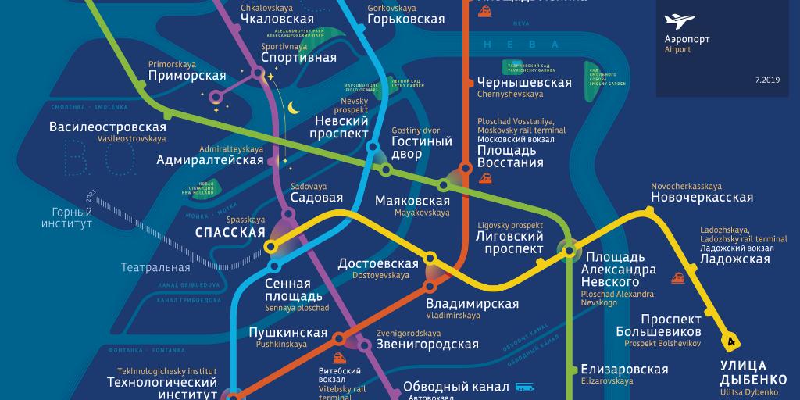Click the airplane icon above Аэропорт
coord(677,21)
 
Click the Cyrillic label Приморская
coord(187,76)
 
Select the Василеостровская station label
coord(108,127)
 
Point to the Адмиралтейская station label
coord(210,160)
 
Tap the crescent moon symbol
coord(294,108)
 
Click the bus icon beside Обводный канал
coord(523,387)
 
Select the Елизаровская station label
coord(624,370)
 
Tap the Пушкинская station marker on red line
coord(339,339)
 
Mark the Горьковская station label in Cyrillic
coord(405,20)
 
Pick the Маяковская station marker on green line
coord(443,185)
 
